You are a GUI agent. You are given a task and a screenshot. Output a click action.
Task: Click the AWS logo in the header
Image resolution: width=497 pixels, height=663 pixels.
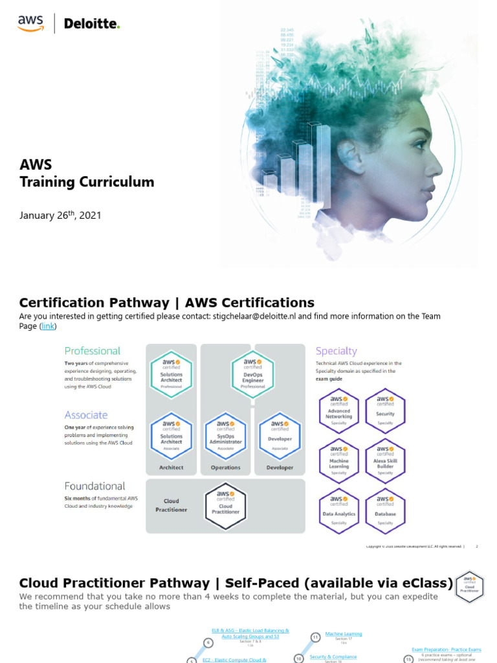(x=30, y=23)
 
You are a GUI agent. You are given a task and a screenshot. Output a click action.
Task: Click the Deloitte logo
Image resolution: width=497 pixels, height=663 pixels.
(x=92, y=25)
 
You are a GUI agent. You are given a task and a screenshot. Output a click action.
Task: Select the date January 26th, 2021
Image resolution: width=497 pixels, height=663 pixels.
(x=60, y=215)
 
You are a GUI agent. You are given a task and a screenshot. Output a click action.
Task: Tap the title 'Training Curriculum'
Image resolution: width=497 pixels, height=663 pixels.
(x=87, y=182)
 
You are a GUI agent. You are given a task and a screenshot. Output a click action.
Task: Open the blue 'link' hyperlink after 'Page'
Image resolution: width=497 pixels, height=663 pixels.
(x=48, y=326)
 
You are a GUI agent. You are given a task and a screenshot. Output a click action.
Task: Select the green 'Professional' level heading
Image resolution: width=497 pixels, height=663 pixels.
(x=93, y=351)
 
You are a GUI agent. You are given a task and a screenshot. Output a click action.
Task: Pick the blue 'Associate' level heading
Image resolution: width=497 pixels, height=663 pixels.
(x=86, y=415)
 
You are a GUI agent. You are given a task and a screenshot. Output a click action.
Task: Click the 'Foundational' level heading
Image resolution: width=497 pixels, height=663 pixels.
(x=94, y=486)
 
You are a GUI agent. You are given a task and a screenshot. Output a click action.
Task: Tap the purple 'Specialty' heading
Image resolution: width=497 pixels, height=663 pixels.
(x=336, y=351)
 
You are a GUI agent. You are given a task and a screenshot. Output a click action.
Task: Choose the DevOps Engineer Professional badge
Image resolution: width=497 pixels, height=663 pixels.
(x=252, y=374)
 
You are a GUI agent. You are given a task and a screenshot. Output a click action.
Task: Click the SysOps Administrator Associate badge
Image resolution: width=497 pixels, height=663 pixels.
(x=225, y=435)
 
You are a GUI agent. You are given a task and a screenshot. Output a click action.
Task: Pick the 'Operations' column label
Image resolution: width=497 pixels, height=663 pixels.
(x=225, y=467)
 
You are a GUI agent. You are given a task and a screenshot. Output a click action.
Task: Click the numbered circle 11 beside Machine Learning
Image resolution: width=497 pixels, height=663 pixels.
(x=315, y=636)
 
